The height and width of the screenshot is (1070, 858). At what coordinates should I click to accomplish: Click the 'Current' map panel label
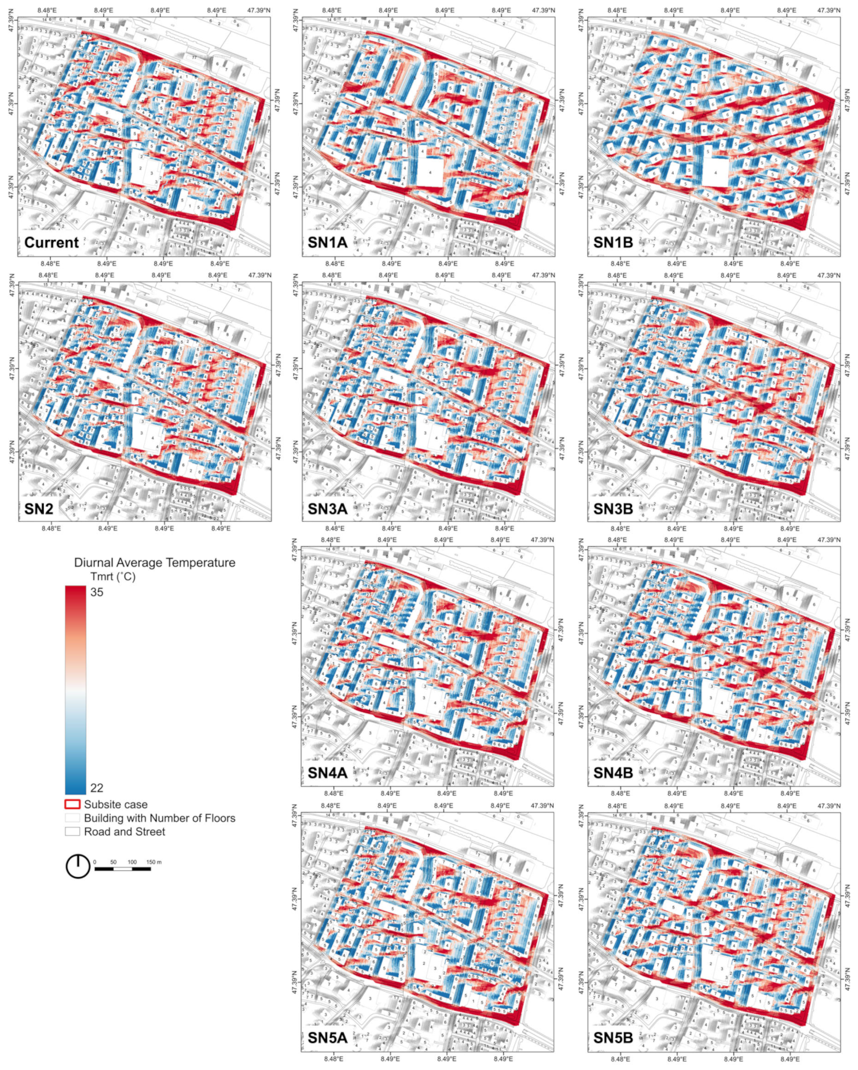click(x=52, y=243)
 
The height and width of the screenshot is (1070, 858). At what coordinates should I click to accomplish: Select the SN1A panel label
click(x=327, y=243)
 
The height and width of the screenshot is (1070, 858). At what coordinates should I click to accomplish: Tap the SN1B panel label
click(x=613, y=243)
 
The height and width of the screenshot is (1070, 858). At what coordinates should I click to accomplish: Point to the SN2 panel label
click(x=39, y=508)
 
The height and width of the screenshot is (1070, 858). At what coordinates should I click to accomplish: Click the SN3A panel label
click(x=327, y=508)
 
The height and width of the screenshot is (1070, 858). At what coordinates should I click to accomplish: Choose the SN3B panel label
click(x=613, y=508)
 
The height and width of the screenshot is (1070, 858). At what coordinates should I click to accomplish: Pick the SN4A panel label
click(x=327, y=773)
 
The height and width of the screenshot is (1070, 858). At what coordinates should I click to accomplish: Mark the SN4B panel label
click(x=613, y=773)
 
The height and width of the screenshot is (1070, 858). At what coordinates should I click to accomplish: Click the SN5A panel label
click(x=327, y=1037)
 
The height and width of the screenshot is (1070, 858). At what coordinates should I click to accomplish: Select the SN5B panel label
click(x=613, y=1037)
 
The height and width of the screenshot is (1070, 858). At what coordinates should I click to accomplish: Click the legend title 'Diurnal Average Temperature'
click(x=155, y=563)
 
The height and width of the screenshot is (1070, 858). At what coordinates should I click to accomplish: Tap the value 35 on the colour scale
click(x=97, y=592)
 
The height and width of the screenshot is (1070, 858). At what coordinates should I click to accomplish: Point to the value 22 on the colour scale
click(x=96, y=788)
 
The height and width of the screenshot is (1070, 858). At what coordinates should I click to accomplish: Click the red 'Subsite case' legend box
click(x=73, y=804)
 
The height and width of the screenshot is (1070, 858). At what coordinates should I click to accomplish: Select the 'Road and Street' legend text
click(x=124, y=831)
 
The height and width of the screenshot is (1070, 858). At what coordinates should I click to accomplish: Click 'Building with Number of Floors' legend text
click(x=159, y=818)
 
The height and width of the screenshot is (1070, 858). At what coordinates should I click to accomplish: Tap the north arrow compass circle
click(x=78, y=866)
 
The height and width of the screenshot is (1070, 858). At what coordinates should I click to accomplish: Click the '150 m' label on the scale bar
click(x=154, y=862)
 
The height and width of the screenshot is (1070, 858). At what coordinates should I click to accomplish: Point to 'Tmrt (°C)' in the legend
click(x=113, y=577)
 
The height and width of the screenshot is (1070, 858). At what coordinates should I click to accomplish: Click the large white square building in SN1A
click(x=430, y=172)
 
